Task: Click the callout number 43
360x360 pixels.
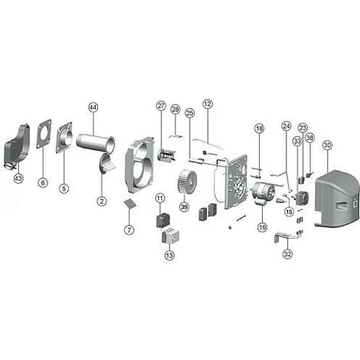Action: [18, 178]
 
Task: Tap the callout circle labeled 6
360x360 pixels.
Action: [43, 182]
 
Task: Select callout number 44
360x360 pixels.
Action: [93, 107]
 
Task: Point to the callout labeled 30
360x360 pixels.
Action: [327, 145]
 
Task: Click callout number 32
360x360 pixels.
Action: [288, 254]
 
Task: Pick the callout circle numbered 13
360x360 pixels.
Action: [169, 255]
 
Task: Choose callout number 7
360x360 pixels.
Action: [129, 230]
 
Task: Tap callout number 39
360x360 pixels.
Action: [184, 207]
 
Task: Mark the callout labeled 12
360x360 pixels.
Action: [208, 104]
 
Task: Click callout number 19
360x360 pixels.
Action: [262, 227]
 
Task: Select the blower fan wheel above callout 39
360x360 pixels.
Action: [187, 182]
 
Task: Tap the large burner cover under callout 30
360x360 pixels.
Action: [337, 198]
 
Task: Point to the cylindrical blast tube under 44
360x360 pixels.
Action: [96, 144]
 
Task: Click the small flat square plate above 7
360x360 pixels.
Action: [129, 204]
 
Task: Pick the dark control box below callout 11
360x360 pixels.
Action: [162, 221]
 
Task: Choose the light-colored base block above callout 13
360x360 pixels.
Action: [170, 235]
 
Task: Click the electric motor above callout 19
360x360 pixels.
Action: [263, 192]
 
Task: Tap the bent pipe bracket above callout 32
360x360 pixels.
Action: [288, 236]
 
